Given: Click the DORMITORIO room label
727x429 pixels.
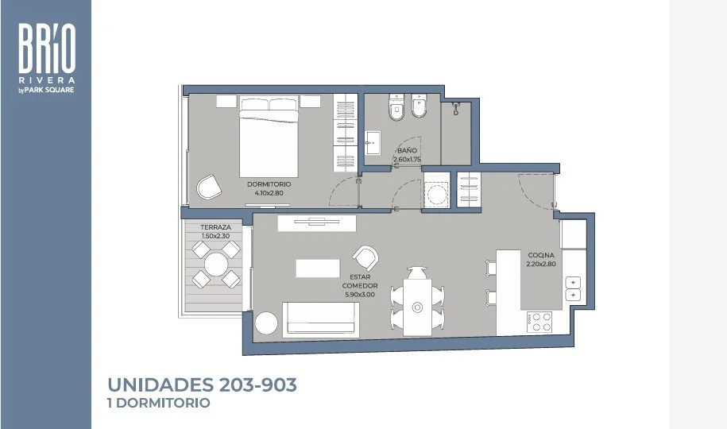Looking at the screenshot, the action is (269, 184).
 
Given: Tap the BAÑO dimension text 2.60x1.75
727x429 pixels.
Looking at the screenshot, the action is (407, 159).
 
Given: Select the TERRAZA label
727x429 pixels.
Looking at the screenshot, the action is (215, 227).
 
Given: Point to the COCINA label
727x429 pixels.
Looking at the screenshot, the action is (541, 255).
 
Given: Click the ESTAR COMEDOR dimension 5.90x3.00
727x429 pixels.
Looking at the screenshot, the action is (360, 295).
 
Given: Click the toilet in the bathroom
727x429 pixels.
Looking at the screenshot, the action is (396, 106).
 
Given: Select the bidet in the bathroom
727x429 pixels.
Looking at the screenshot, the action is (420, 106).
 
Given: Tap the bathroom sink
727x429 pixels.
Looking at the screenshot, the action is (373, 143).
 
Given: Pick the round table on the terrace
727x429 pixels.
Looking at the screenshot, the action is (216, 265).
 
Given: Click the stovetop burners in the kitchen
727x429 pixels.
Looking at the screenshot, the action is (539, 322).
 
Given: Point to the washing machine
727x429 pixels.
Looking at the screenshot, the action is (437, 191).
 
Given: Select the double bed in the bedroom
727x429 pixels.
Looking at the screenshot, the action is (269, 136).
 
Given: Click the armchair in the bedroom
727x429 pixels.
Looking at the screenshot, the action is (209, 187).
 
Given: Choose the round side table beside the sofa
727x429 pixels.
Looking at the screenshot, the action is (266, 323).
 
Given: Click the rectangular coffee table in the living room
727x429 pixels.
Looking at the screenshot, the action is (318, 269).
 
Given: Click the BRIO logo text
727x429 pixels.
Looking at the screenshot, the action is (47, 48).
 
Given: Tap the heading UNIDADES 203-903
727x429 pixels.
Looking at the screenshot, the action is (202, 385).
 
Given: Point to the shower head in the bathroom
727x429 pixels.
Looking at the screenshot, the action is (456, 107).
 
